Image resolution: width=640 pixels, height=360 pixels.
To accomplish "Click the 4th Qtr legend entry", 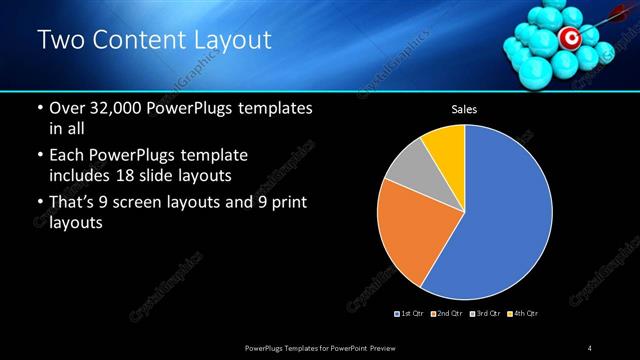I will (x=525, y=314).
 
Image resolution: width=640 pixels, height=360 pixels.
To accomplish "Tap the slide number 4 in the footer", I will (x=591, y=347).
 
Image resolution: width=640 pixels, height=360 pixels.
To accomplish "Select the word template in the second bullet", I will (x=216, y=156).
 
